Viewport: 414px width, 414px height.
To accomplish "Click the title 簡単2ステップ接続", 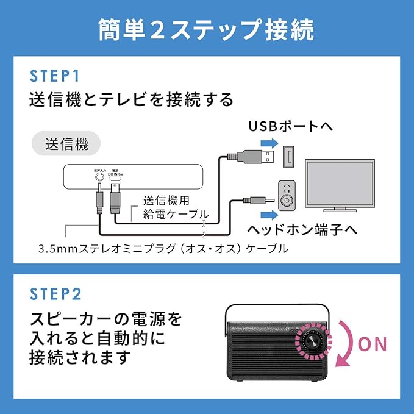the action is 207,29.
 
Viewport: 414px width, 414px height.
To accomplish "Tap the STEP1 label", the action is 55,76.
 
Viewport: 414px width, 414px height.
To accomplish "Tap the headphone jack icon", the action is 288,196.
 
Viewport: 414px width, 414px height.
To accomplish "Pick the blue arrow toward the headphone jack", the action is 268,214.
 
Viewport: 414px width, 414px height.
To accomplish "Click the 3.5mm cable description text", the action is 162,249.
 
